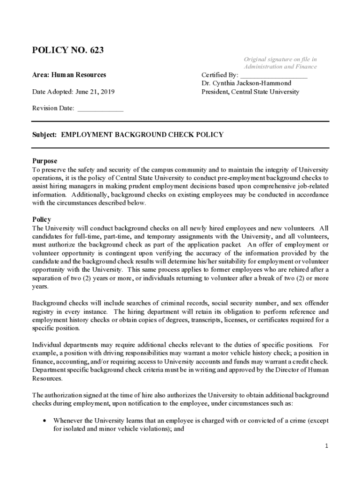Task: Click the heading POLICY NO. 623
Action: click(68, 50)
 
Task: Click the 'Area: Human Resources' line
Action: click(69, 75)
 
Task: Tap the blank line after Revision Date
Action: click(100, 109)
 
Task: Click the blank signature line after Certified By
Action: click(274, 75)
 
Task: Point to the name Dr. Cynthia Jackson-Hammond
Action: click(246, 83)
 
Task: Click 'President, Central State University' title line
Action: click(250, 92)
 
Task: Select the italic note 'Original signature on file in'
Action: click(280, 59)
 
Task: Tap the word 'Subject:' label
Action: click(44, 135)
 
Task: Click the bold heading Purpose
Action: click(44, 161)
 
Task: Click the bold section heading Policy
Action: click(42, 219)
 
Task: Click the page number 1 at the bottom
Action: click(327, 446)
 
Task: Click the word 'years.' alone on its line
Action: click(40, 287)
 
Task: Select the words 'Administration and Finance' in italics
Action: click(280, 66)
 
